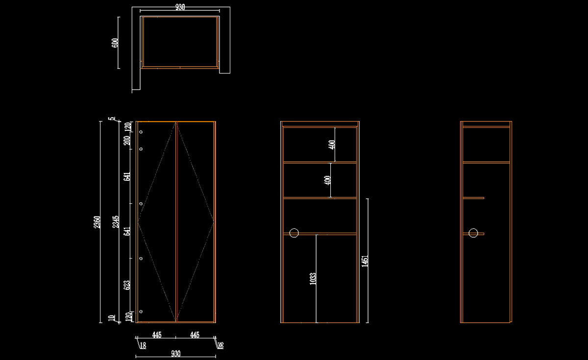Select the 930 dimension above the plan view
click(180, 7)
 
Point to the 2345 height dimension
click(116, 221)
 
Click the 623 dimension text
click(127, 285)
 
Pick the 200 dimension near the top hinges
click(127, 141)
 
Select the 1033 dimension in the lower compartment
click(313, 279)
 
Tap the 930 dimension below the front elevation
click(176, 353)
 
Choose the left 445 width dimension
click(156, 335)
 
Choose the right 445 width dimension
click(195, 335)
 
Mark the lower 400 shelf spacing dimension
click(328, 180)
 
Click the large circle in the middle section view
click(294, 233)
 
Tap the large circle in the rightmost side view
click(473, 233)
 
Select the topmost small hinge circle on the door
click(141, 132)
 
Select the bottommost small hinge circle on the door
click(141, 312)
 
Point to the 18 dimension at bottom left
click(143, 345)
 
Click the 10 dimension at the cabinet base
click(112, 317)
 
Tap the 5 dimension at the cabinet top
click(112, 118)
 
